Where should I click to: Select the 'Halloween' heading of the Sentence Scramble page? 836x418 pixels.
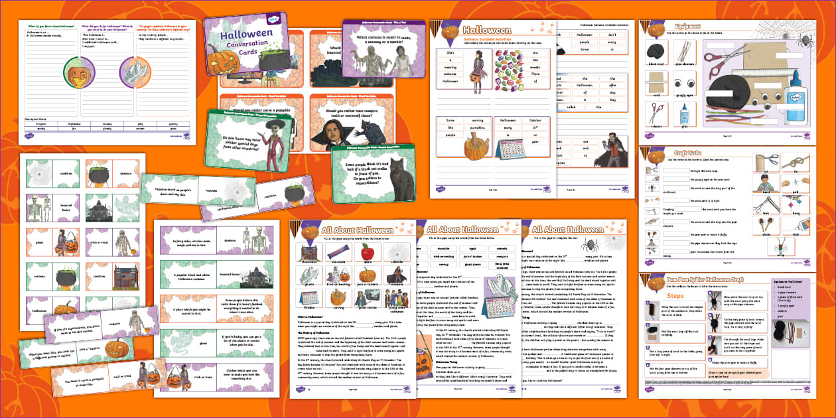[487, 31]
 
